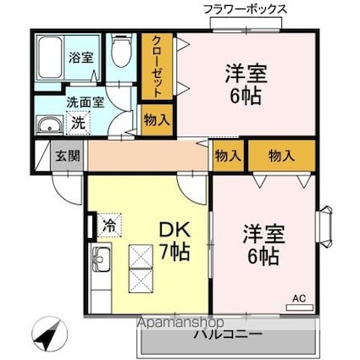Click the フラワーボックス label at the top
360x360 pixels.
[x=246, y=9]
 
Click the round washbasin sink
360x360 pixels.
[x=50, y=128]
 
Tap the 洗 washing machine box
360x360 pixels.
[x=77, y=123]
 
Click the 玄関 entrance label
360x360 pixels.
[x=67, y=155]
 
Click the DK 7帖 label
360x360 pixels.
[x=173, y=240]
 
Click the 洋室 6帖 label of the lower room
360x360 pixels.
[x=260, y=242]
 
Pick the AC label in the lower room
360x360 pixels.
[x=299, y=298]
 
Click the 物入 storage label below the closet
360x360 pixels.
[x=156, y=119]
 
